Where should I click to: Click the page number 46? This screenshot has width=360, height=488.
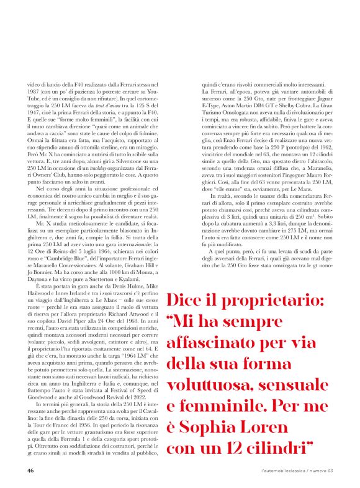tap(30, 470)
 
